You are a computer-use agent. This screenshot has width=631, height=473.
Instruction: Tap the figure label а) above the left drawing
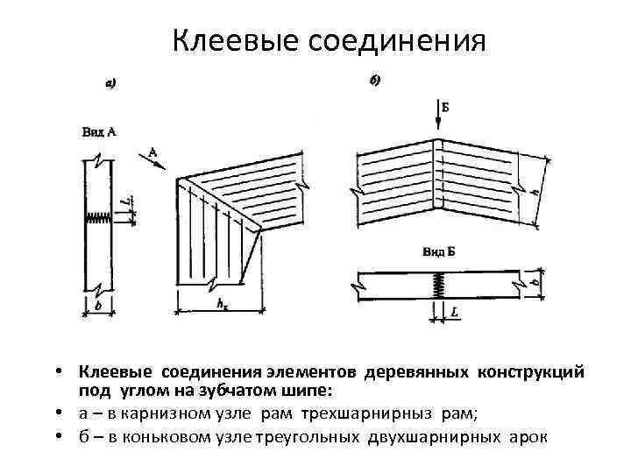(x=110, y=84)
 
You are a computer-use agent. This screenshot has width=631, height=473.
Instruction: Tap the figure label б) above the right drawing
(x=375, y=81)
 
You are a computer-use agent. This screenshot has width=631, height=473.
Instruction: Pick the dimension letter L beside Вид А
(x=128, y=201)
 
